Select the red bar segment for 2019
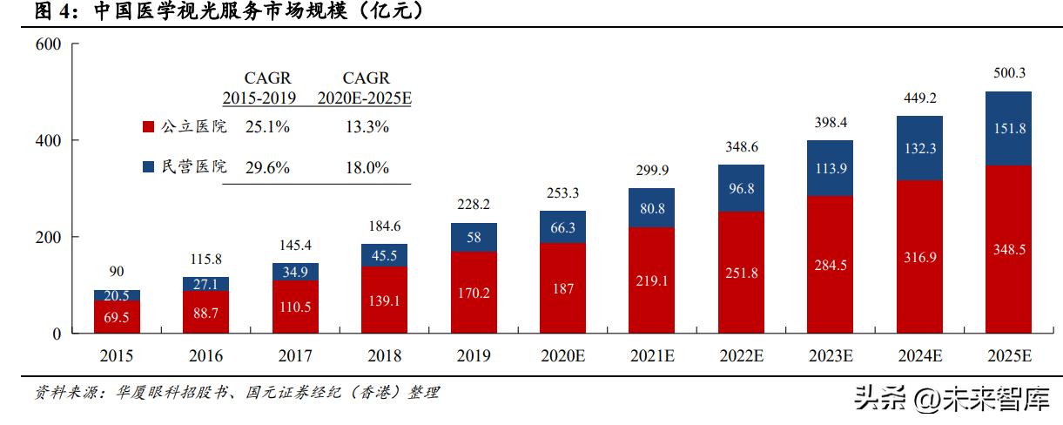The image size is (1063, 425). click(474, 292)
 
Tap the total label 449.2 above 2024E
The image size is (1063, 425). click(918, 98)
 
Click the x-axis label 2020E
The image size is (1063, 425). click(562, 355)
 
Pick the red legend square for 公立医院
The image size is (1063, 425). click(148, 127)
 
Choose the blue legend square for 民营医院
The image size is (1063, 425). click(148, 167)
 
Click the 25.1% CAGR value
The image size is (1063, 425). click(267, 127)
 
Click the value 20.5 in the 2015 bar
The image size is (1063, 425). click(117, 295)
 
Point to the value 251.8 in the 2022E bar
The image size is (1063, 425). click(741, 273)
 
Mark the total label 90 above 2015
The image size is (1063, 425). click(117, 272)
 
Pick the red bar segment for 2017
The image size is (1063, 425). click(295, 307)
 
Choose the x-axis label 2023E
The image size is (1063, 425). click(830, 355)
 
